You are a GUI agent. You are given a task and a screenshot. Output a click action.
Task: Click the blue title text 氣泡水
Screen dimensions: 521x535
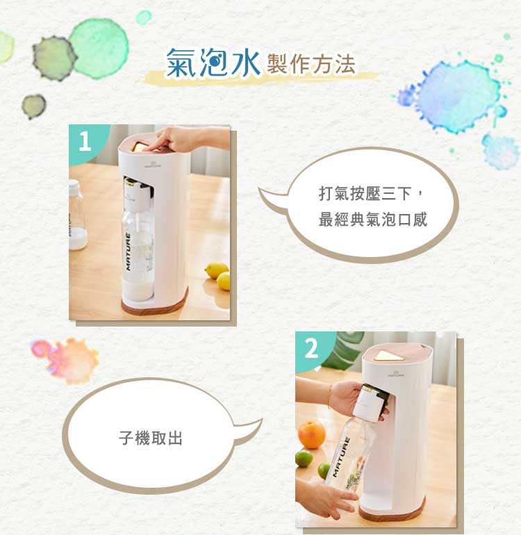213,63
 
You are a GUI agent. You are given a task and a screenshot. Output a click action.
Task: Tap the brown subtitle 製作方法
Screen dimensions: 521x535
311,65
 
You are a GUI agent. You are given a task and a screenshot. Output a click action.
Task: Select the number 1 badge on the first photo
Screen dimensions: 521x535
85,141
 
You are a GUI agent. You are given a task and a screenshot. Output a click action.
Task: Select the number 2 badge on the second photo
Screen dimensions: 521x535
311,349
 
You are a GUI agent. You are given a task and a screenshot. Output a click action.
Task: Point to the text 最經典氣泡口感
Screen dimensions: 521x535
373,220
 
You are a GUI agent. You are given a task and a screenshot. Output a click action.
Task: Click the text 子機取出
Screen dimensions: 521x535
151,438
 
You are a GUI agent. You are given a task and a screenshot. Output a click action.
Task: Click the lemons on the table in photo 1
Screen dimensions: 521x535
218,275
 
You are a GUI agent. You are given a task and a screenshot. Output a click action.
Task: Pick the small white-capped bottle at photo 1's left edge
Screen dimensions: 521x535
76,215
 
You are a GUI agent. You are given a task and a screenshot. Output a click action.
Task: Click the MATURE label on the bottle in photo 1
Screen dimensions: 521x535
128,252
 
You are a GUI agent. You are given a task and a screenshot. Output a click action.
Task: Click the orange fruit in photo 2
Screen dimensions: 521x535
311,434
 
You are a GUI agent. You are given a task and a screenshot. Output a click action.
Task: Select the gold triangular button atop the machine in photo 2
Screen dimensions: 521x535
388,356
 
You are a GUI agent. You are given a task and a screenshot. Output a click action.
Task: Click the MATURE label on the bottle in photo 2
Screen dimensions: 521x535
341,456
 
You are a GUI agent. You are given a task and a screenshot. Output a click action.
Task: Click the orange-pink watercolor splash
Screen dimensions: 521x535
65,360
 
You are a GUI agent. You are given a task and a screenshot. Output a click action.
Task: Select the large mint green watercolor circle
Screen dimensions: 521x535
99,49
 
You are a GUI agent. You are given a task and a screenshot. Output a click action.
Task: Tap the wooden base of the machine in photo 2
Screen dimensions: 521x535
392,510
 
